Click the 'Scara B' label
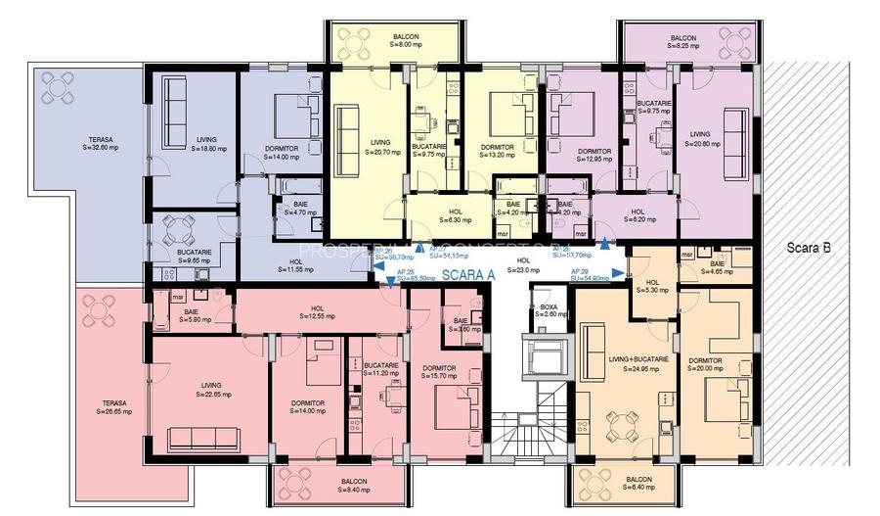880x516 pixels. tap(809, 249)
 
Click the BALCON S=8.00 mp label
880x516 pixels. tap(393, 41)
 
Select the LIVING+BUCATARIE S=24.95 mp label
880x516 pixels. tap(638, 364)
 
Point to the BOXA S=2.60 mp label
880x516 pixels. tap(549, 310)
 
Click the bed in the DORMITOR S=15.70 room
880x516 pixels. tap(453, 404)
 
